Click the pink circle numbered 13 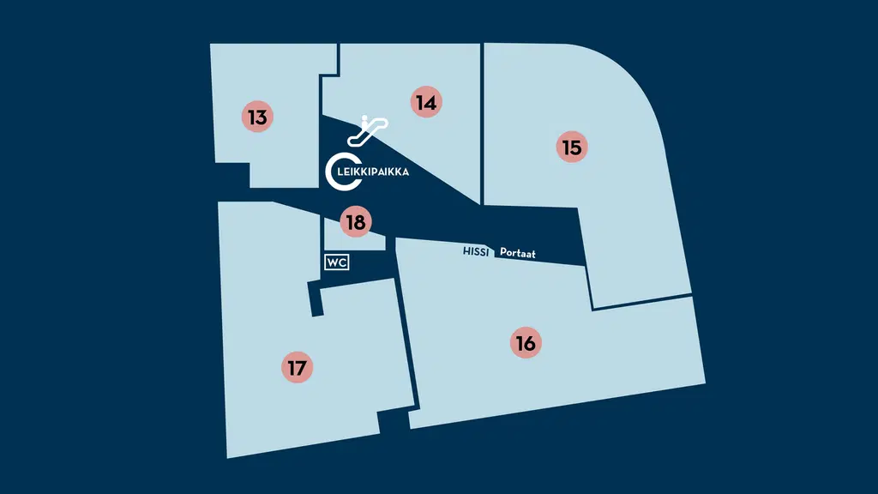(257, 117)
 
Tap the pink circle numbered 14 (426, 102)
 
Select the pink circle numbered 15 (572, 147)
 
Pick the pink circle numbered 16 (526, 342)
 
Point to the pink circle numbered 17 (297, 367)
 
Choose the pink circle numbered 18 (356, 222)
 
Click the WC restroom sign (336, 262)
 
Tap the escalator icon (367, 131)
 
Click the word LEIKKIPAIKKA (373, 172)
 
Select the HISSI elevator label (476, 251)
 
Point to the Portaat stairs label (517, 253)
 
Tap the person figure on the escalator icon (364, 120)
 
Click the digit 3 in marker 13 (262, 117)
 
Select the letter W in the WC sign (333, 262)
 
